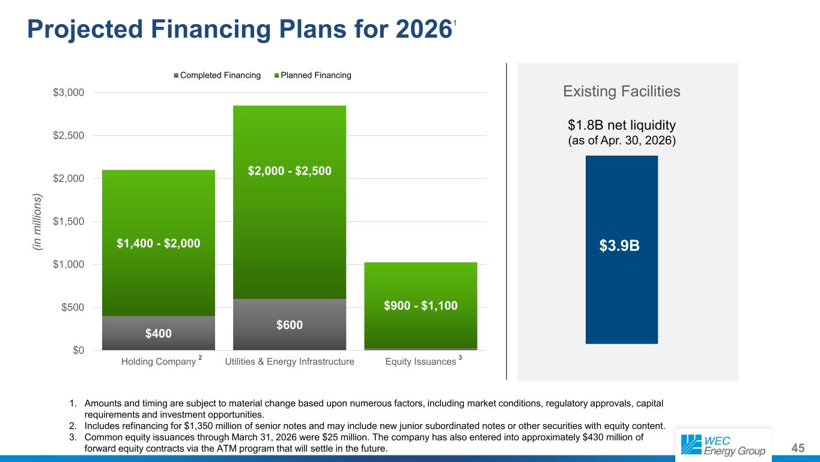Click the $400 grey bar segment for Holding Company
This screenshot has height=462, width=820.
[x=158, y=333]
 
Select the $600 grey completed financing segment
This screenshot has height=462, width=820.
[x=289, y=324]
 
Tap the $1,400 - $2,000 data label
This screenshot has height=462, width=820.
[x=158, y=243]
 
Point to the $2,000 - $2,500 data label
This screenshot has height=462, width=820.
[x=290, y=170]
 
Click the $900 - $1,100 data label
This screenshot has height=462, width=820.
[x=421, y=306]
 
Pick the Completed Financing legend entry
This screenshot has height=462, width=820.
[x=217, y=75]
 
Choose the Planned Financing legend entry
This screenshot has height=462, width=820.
[x=312, y=75]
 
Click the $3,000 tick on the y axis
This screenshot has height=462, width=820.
[x=68, y=93]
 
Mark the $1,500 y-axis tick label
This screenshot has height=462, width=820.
[x=68, y=221]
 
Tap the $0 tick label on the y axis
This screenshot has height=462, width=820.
[x=78, y=350]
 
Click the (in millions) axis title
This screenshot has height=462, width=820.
[x=37, y=222]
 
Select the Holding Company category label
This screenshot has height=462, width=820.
[x=159, y=362]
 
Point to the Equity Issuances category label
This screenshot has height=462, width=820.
[x=421, y=362]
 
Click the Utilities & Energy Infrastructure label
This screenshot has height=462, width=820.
[x=290, y=362]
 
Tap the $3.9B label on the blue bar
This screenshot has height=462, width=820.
[x=619, y=245]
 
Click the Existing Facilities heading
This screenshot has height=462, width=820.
[x=622, y=91]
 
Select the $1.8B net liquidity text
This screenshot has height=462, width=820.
[x=622, y=125]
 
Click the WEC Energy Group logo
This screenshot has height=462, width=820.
[x=723, y=445]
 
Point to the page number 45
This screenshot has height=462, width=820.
[x=798, y=448]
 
